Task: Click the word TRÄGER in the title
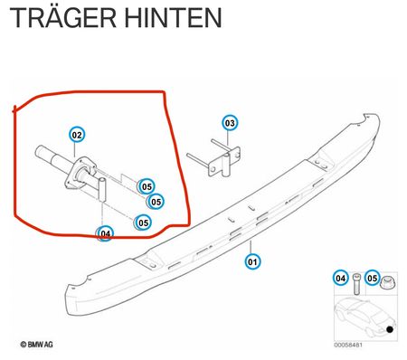[x=63, y=17]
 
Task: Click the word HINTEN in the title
[x=174, y=18]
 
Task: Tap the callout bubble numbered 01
[x=252, y=261]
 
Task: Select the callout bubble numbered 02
[x=77, y=135]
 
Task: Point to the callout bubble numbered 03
[x=230, y=123]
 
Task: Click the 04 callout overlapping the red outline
[x=105, y=233]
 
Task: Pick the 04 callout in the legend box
[x=340, y=278]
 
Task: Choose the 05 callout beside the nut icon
[x=373, y=278]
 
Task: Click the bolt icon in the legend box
[x=356, y=284]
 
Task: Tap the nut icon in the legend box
[x=386, y=283]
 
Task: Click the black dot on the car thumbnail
[x=390, y=329]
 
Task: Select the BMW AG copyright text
[x=36, y=345]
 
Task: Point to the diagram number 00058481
[x=348, y=345]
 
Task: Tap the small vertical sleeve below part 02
[x=102, y=190]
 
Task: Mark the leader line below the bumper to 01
[x=251, y=247]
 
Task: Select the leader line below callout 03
[x=228, y=138]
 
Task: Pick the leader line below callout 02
[x=74, y=149]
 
